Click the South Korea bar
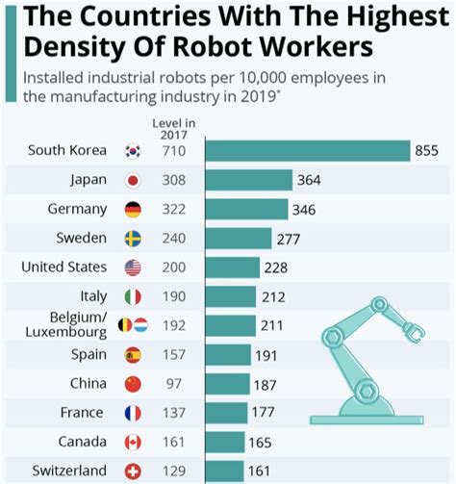tap(308, 151)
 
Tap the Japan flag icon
tap(133, 181)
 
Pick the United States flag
tap(133, 267)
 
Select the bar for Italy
tap(230, 297)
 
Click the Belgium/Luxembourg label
tap(69, 325)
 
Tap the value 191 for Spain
tap(266, 355)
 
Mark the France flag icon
tap(133, 414)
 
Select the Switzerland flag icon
tap(133, 471)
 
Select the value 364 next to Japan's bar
tap(310, 181)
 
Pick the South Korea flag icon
tap(133, 151)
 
